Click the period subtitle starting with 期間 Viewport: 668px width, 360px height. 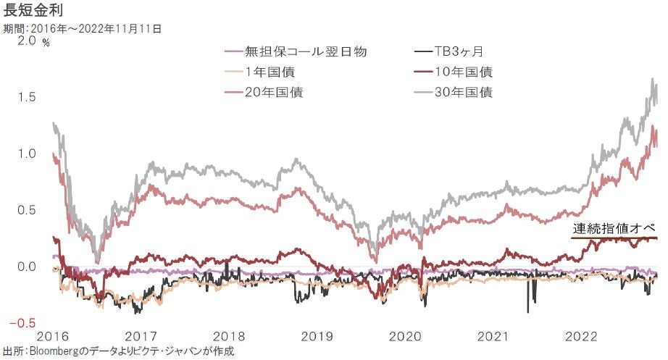click(x=82, y=29)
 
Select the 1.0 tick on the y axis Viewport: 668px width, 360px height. click(x=25, y=154)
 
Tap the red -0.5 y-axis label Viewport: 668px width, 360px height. click(x=24, y=323)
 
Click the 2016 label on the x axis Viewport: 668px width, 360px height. click(x=51, y=336)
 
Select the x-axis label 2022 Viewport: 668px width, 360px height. click(x=582, y=336)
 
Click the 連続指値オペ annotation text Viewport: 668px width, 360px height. click(x=614, y=229)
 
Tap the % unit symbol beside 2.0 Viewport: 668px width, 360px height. click(x=46, y=43)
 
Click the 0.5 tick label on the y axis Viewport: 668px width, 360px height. click(x=25, y=210)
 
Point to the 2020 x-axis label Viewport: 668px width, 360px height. click(x=406, y=336)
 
